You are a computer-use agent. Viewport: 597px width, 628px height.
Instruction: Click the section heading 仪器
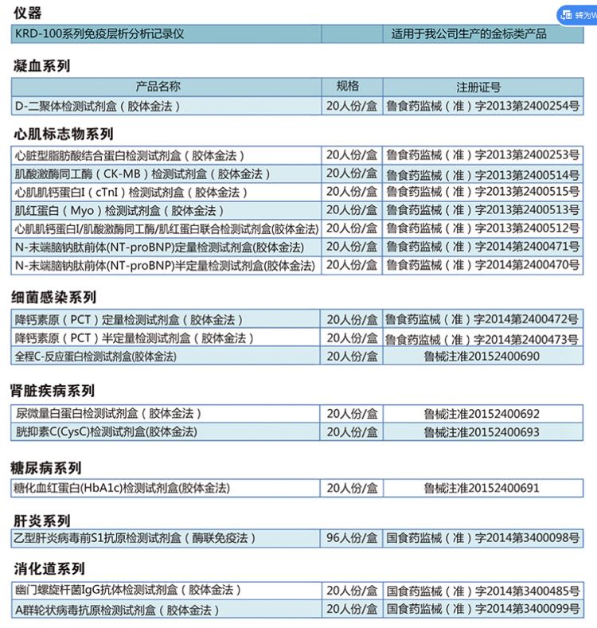point(27,13)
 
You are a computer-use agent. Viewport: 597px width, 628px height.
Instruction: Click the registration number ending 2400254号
point(482,105)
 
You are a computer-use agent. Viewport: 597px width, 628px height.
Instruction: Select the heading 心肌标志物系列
point(63,134)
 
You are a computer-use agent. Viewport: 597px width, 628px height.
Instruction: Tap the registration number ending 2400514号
point(482,174)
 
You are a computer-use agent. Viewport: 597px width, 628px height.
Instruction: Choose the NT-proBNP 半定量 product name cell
point(159,265)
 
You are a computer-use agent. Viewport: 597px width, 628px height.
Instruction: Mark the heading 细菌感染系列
point(54,297)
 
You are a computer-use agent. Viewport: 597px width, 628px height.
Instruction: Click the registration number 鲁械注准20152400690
point(482,356)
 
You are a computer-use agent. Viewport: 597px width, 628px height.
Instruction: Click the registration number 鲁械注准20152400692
point(482,414)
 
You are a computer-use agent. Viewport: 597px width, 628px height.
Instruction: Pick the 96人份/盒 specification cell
point(352,538)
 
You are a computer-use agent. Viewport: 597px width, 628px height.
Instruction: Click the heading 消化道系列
point(49,569)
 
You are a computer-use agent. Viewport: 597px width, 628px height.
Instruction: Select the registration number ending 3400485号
point(482,591)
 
